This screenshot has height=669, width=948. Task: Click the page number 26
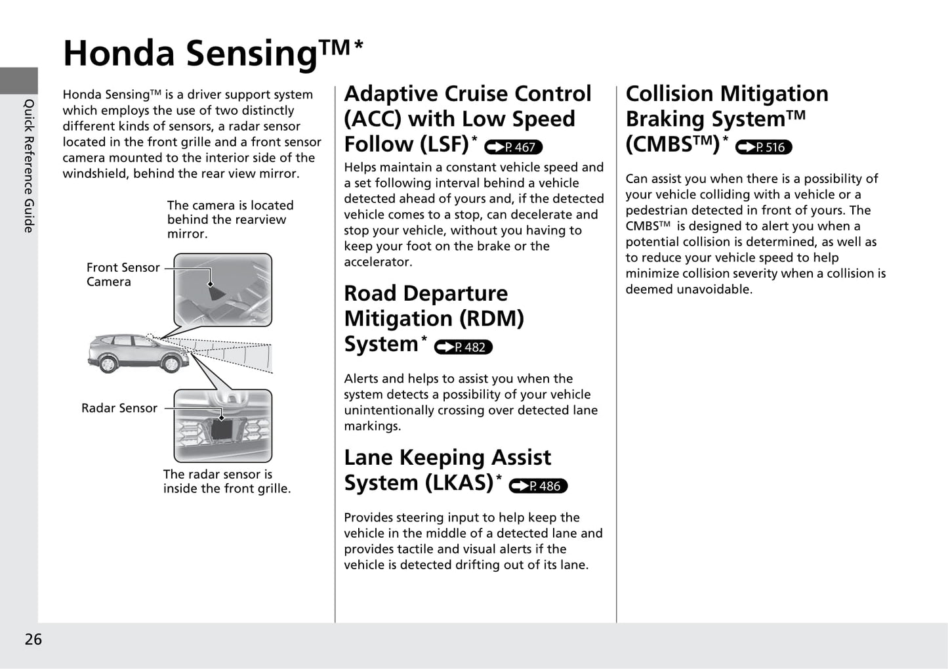point(33,639)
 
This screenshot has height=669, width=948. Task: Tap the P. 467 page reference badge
point(513,148)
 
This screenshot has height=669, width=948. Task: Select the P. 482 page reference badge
point(463,347)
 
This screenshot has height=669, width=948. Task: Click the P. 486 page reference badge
point(538,486)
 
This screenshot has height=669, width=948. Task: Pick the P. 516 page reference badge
point(764,148)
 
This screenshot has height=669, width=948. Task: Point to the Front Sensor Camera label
point(123,274)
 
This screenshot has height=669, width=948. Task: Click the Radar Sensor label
point(119,408)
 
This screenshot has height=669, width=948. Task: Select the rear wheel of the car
point(106,363)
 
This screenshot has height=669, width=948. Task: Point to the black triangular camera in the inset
point(215,292)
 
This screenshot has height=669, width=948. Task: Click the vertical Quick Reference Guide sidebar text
point(29,165)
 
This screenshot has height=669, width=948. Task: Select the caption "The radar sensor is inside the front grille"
point(226,481)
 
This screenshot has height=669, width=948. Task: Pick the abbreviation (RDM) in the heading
point(491,319)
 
